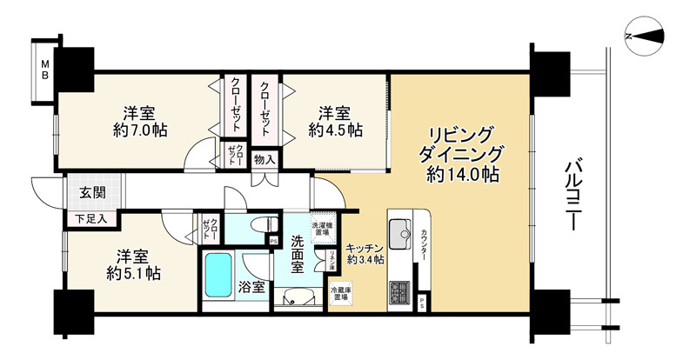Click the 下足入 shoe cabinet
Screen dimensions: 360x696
point(90,218)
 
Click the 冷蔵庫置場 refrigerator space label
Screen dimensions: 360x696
point(339,291)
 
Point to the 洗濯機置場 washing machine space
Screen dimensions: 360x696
point(322,229)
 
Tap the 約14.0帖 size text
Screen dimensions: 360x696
point(462,175)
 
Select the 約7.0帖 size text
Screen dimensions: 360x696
point(140,130)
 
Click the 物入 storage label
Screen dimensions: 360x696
point(264,159)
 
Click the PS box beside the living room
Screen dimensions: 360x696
point(423,303)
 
